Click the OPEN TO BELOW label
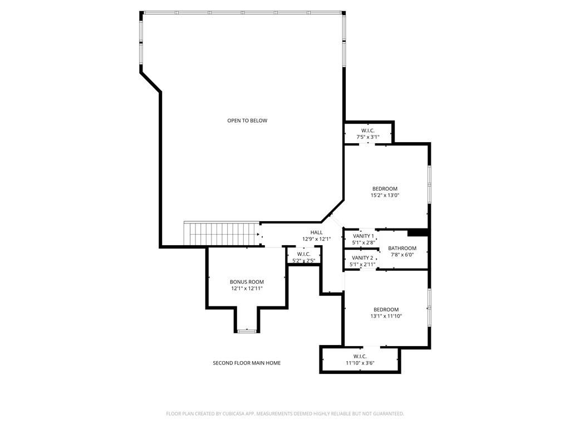point(247,120)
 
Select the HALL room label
point(316,232)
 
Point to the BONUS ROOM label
point(247,282)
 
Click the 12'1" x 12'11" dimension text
point(247,289)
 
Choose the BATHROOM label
point(402,249)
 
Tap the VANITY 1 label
point(363,236)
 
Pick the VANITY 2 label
point(363,258)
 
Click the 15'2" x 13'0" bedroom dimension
point(385,196)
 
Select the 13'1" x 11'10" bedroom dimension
point(386,316)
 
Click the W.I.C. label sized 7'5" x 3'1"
point(367,130)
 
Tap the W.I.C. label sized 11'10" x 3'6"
point(360,356)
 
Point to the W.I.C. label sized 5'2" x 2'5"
point(303,254)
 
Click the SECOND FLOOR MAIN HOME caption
point(247,363)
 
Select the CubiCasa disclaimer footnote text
point(285,414)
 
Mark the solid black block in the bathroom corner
point(417,232)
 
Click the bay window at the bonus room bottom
point(246,331)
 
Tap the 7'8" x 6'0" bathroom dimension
point(402,255)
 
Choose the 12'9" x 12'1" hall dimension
point(316,239)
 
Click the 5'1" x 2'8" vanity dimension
point(363,243)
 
